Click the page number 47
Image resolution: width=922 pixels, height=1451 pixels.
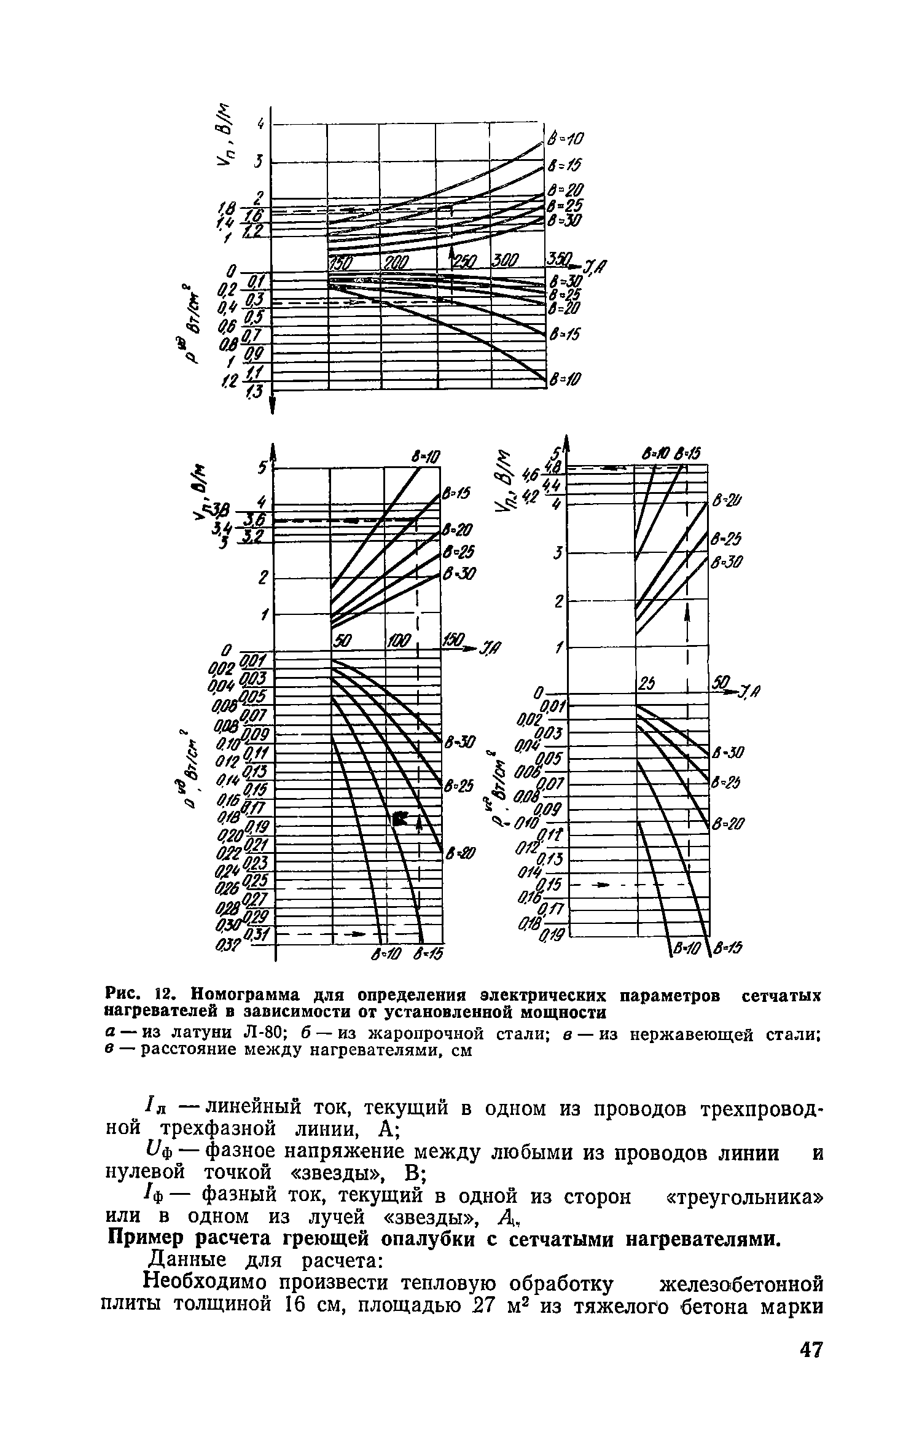pyautogui.click(x=810, y=1396)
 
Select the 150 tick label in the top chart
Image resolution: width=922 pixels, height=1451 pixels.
pyautogui.click(x=339, y=264)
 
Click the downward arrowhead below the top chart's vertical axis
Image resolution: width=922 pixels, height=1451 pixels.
pyautogui.click(x=272, y=405)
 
